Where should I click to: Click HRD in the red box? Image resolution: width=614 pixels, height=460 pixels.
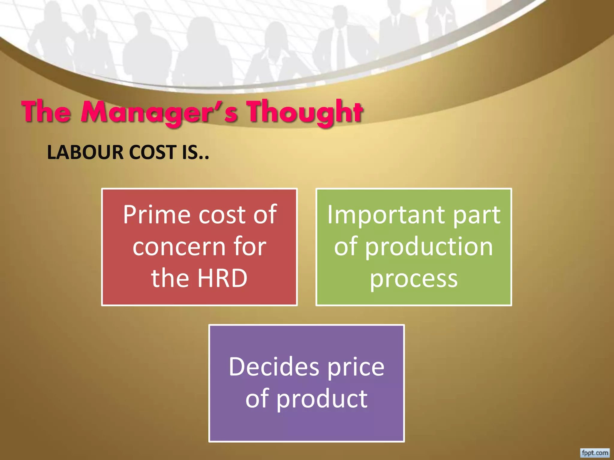(222, 278)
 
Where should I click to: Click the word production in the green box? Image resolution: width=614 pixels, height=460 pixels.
(429, 247)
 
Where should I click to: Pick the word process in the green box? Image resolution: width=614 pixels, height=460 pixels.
(414, 279)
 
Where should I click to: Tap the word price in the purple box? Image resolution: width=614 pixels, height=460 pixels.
(356, 367)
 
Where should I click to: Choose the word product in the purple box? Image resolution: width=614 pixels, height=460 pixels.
(322, 399)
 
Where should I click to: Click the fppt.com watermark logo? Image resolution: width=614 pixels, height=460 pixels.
(595, 453)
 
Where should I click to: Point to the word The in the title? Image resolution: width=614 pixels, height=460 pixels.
(46, 112)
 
